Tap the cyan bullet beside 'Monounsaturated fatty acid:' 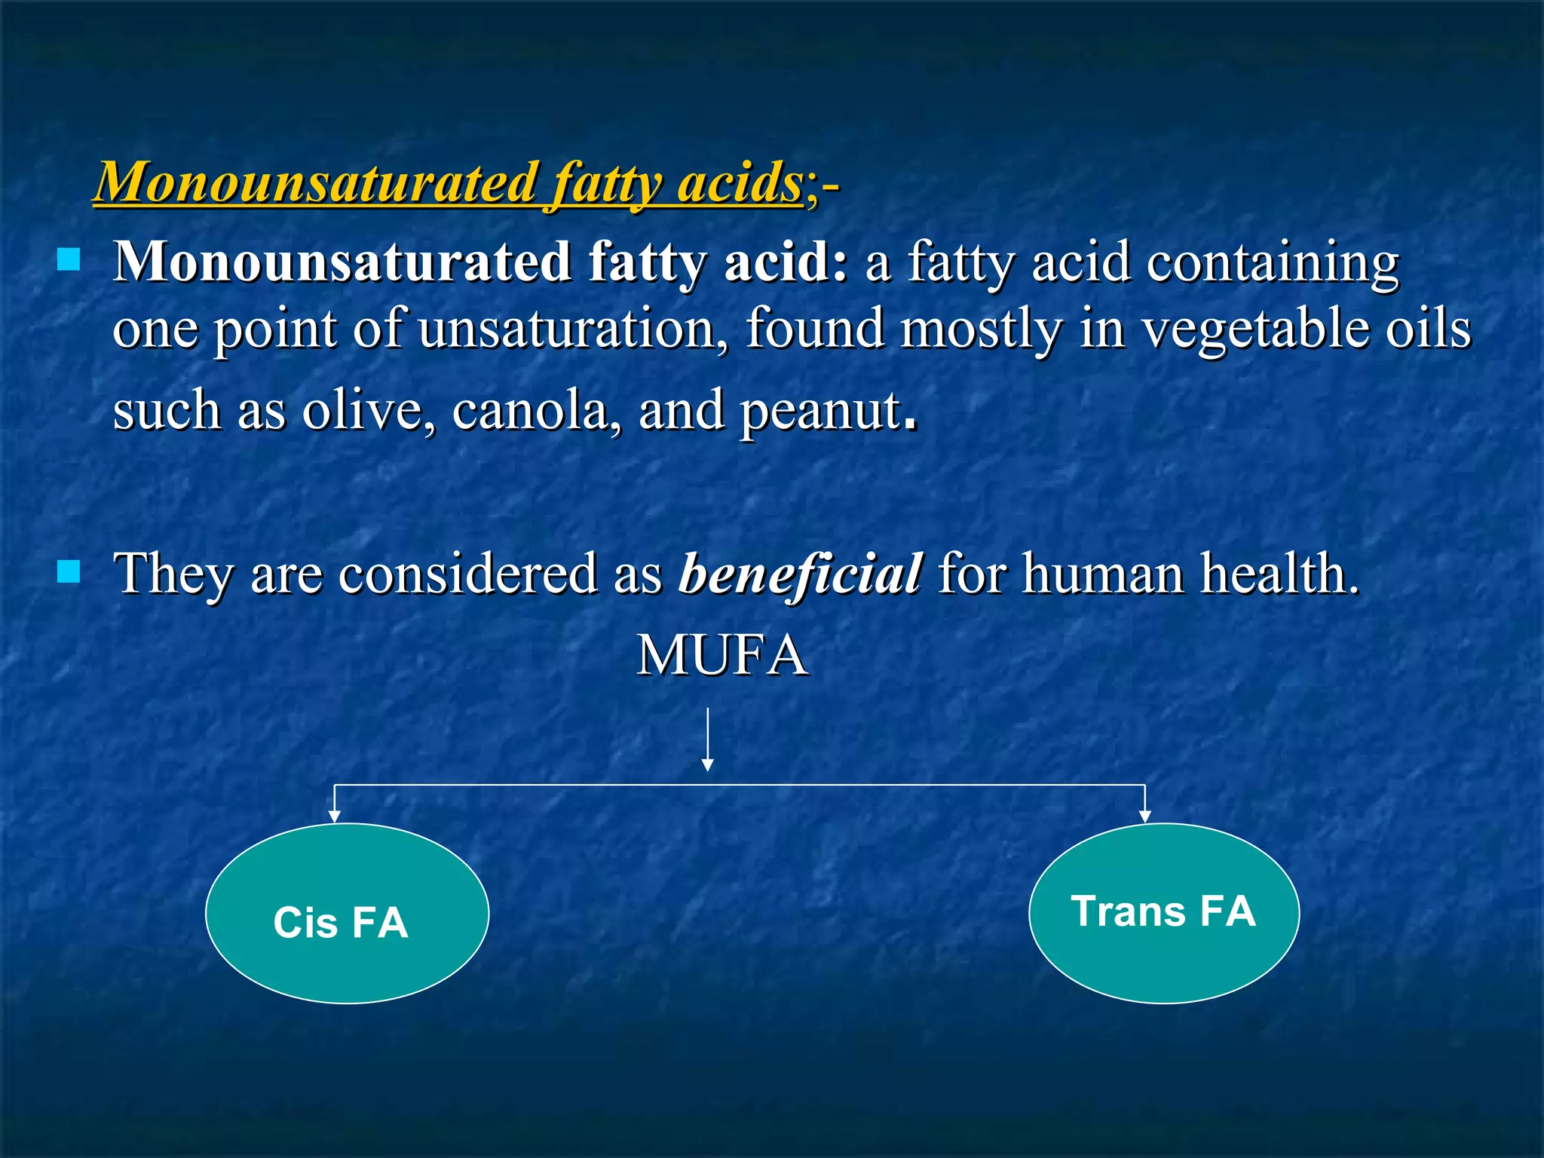click(69, 260)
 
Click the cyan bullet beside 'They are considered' click(69, 571)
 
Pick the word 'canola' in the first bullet click(531, 411)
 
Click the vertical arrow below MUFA click(707, 739)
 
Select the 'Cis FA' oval click(347, 914)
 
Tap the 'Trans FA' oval click(1163, 913)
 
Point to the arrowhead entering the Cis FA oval click(335, 816)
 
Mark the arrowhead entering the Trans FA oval click(1144, 816)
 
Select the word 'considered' click(467, 573)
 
